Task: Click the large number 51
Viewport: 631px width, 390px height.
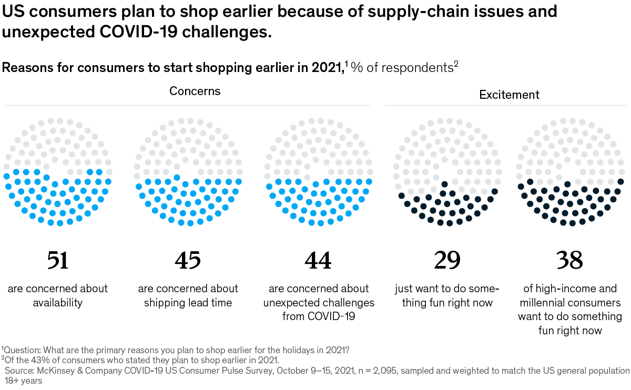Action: [x=58, y=260]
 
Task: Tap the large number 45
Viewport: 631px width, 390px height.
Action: [x=188, y=260]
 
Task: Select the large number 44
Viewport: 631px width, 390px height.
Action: [x=318, y=260]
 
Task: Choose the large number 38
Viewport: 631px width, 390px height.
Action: [x=570, y=260]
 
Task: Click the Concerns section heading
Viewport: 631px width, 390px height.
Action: [x=195, y=91]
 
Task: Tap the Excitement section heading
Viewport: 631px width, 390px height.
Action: [x=509, y=95]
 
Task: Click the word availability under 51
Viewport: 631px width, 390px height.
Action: [x=58, y=303]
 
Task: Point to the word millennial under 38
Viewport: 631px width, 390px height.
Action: [x=546, y=303]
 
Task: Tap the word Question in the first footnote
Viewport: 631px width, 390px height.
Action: [x=20, y=350]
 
